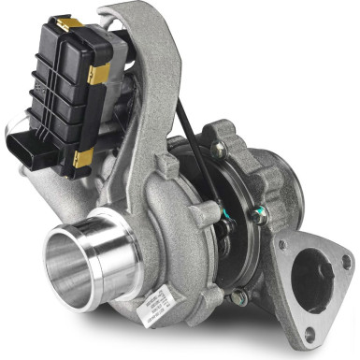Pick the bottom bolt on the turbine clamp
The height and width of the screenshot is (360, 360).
tap(239, 298)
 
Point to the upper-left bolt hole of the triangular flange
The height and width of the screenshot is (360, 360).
tap(281, 246)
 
